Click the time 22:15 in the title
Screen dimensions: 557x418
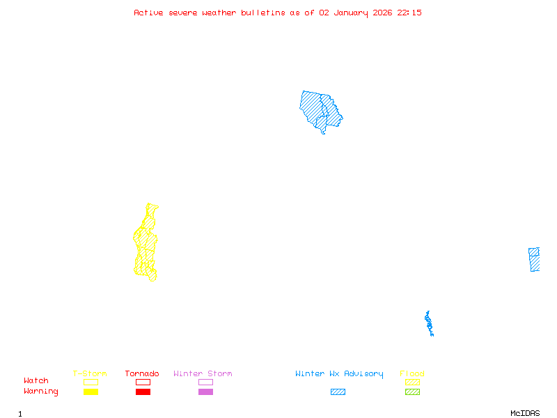[409, 13]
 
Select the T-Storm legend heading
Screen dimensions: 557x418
[90, 373]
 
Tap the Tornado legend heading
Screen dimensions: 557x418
[142, 373]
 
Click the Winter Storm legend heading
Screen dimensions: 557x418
[203, 373]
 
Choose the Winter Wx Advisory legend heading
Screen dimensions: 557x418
[339, 373]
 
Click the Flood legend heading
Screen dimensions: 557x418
[412, 373]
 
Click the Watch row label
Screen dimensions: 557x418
[36, 381]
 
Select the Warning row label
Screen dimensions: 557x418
[40, 392]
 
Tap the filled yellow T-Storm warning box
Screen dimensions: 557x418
[91, 392]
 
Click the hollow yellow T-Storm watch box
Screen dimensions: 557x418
[91, 382]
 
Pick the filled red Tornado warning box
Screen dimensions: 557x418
[143, 392]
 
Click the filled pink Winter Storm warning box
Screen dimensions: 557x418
[205, 392]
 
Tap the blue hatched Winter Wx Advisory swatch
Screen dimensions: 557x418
[338, 392]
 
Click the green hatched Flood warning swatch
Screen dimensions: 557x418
[412, 392]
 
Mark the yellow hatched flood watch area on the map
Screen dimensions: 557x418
[146, 244]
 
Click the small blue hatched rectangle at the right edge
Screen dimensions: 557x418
[534, 259]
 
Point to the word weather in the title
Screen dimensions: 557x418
[219, 13]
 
